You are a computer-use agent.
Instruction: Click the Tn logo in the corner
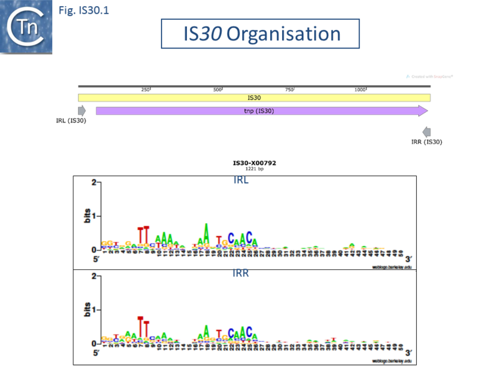[x=26, y=26]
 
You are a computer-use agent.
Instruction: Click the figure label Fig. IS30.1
[x=83, y=11]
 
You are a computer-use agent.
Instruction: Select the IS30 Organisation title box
[x=260, y=34]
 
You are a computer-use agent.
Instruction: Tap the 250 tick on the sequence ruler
[x=147, y=90]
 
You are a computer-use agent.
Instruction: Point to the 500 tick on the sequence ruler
[x=218, y=90]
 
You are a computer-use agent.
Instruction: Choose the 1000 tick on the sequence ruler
[x=361, y=90]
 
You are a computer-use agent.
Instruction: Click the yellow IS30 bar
[x=254, y=98]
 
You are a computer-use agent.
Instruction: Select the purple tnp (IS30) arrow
[x=262, y=111]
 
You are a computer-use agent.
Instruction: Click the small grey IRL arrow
[x=82, y=111]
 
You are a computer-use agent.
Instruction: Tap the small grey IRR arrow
[x=426, y=132]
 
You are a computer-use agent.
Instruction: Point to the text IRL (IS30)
[x=71, y=121]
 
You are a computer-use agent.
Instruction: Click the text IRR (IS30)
[x=427, y=142]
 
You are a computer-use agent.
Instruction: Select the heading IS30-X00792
[x=254, y=163]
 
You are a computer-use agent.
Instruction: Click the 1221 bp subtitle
[x=254, y=168]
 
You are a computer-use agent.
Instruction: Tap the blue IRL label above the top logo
[x=240, y=180]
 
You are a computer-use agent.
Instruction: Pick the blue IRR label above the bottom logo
[x=240, y=273]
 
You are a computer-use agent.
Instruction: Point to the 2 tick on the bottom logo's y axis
[x=93, y=276]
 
